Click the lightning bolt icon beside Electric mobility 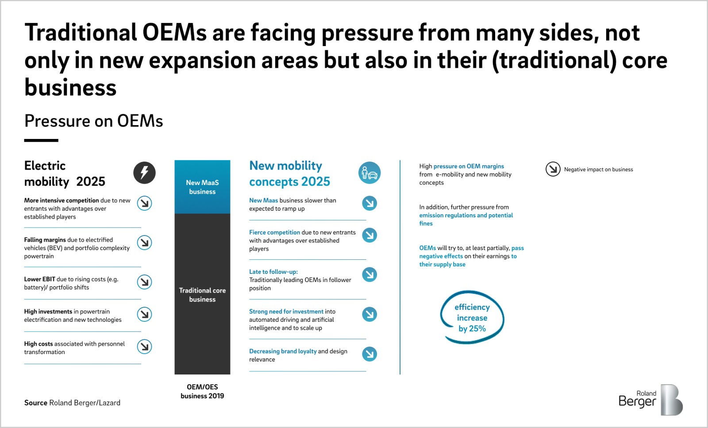click(144, 173)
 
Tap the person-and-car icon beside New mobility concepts click(369, 173)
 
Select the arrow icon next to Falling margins click(144, 243)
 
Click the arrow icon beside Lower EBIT click(144, 281)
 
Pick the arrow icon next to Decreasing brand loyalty click(369, 354)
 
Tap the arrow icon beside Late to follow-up click(369, 274)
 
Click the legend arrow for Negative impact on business click(553, 169)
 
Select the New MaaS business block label click(202, 187)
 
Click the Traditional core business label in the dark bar click(202, 295)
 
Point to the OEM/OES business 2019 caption click(202, 391)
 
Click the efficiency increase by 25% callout click(472, 318)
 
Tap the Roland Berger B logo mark click(672, 400)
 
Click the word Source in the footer click(36, 403)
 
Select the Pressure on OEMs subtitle click(93, 121)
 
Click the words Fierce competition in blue click(274, 232)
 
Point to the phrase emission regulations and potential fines click(466, 220)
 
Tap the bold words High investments click(48, 312)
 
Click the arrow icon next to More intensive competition click(144, 203)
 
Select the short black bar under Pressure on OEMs click(41, 140)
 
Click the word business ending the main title click(70, 88)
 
